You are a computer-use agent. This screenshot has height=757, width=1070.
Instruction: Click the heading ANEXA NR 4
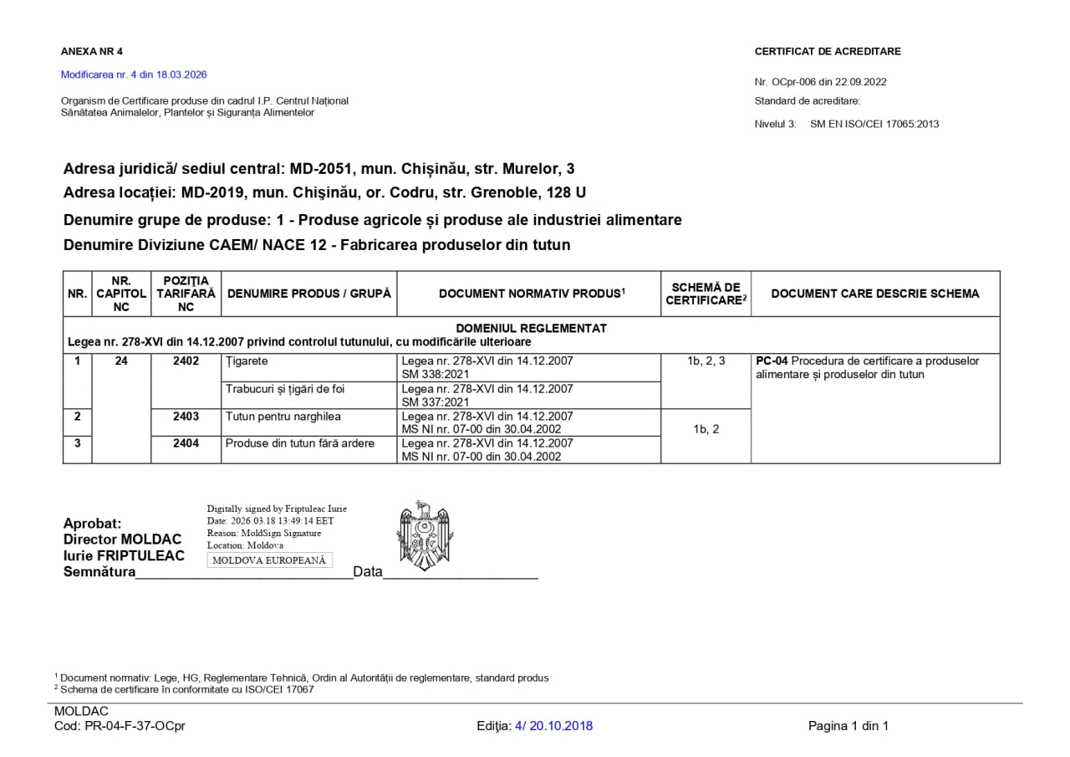[x=92, y=51]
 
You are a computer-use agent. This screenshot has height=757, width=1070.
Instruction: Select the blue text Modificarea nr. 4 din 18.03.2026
[x=134, y=74]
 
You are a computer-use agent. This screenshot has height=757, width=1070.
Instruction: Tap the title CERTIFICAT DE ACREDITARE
[x=828, y=51]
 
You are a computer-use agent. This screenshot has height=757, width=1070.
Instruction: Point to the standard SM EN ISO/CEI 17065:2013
[x=874, y=124]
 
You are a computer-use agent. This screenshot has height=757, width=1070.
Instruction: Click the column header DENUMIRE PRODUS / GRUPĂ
[x=309, y=294]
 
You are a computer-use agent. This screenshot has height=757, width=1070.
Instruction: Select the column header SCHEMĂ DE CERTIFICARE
[x=706, y=294]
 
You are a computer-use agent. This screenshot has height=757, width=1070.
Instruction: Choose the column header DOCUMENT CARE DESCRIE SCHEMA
[x=875, y=294]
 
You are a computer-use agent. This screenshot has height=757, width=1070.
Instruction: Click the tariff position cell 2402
[x=186, y=361]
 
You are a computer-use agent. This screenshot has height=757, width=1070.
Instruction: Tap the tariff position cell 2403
[x=186, y=416]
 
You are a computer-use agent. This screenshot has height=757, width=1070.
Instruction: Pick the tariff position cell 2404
[x=186, y=443]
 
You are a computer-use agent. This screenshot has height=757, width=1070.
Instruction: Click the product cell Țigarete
[x=247, y=361]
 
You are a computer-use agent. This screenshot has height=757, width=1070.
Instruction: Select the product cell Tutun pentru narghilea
[x=283, y=416]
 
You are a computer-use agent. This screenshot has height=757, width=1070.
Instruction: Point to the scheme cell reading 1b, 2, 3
[x=706, y=361]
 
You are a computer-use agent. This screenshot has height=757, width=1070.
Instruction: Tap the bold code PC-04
[x=772, y=361]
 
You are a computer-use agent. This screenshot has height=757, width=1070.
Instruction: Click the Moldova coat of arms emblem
[x=425, y=536]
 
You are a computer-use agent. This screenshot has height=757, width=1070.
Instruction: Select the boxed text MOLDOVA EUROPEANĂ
[x=269, y=560]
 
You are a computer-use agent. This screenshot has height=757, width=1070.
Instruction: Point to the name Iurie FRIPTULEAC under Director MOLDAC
[x=124, y=555]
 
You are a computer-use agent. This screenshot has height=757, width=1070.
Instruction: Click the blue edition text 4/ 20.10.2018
[x=553, y=726]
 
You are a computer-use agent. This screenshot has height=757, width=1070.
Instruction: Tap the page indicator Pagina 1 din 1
[x=848, y=726]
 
